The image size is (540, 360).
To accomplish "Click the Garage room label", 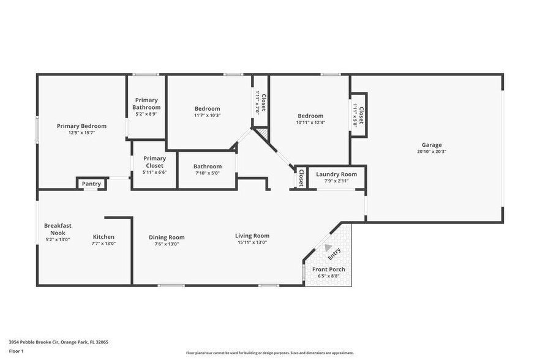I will pos(432,145).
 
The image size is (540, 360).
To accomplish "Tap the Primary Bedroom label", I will pos(81,126).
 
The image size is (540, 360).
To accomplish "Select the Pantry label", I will pos(91,184).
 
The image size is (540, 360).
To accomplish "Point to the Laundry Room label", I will pos(336,174).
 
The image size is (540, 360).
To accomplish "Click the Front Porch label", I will pos(328,269).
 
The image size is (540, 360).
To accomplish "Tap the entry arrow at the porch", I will pos(319,248).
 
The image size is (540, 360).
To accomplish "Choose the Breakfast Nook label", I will pos(58,229).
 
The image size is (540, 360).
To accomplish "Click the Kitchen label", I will pos(103,237).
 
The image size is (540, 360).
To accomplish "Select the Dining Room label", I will pos(167,238).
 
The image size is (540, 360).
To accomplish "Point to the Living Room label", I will pos(252,236).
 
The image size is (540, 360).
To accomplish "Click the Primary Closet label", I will pos(155,162).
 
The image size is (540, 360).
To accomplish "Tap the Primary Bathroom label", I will pos(146,103).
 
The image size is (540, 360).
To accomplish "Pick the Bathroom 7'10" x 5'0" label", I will pos(207,167).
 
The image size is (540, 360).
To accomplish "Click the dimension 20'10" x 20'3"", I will pos(432,152).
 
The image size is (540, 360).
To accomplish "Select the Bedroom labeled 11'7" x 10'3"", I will pos(207,109).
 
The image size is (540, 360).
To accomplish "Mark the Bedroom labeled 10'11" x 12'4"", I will pos(310,116).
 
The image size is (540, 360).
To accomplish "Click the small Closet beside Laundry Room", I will pos(301,176).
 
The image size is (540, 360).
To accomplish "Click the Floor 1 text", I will pos(17,351).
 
